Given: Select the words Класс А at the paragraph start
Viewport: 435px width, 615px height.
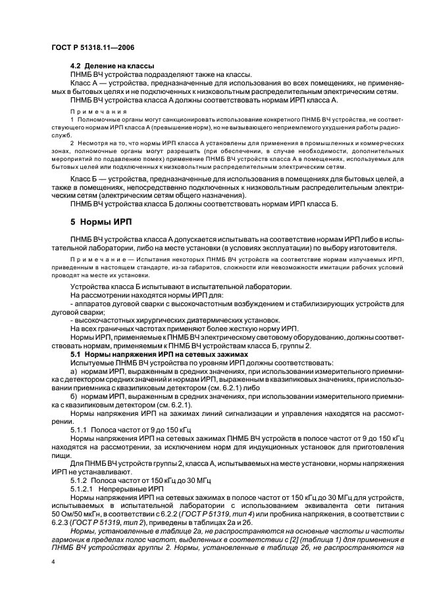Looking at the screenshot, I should [x=85, y=83].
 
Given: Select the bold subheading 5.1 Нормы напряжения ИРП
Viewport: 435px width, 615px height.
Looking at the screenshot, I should [x=136, y=354].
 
